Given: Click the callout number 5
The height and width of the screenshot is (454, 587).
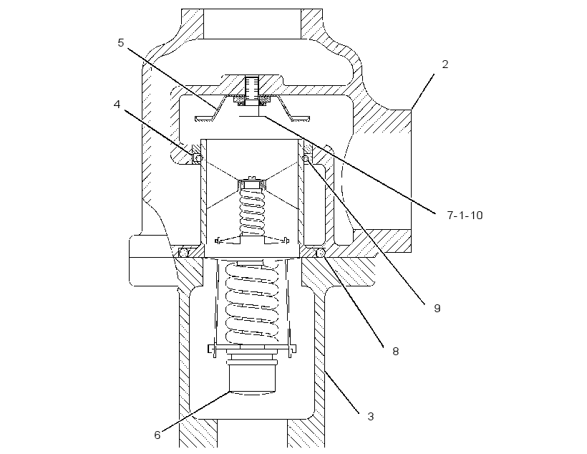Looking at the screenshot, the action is [120, 43].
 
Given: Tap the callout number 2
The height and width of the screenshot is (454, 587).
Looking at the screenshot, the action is [445, 64].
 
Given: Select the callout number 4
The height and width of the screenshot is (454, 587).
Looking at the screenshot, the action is [117, 105].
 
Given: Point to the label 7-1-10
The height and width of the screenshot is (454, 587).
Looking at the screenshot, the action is [465, 216].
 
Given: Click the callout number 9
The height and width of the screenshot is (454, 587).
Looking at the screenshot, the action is [437, 309].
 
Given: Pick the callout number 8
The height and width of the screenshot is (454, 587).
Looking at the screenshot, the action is [396, 352].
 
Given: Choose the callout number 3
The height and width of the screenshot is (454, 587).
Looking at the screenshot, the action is [371, 417].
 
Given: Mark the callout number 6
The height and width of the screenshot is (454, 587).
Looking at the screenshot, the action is [157, 435].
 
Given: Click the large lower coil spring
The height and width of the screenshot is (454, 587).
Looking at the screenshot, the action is [252, 303].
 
